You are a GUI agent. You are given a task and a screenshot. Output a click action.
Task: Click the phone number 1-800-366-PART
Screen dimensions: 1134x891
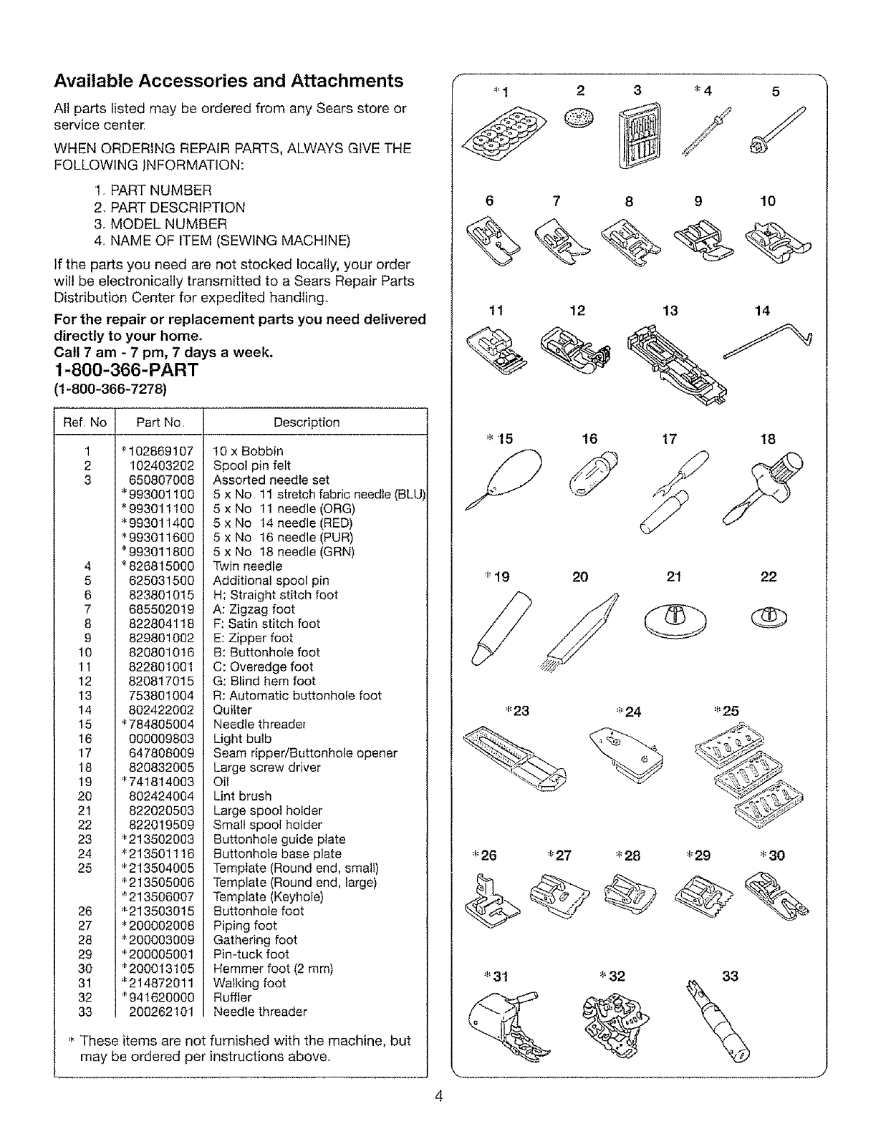[x=126, y=370]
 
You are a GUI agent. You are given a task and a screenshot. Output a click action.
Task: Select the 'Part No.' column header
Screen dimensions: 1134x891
[x=160, y=422]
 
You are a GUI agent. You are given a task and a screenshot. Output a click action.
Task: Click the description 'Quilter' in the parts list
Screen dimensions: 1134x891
[x=233, y=709]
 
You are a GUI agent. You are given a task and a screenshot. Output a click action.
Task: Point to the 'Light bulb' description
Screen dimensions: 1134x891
[x=242, y=738]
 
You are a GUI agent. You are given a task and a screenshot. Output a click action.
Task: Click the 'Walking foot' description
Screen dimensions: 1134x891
[x=250, y=983]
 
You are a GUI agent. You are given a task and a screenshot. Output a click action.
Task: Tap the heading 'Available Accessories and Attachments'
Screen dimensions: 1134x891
[x=228, y=80]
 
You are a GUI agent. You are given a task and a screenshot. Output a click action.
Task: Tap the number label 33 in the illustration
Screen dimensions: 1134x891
[x=730, y=976]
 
